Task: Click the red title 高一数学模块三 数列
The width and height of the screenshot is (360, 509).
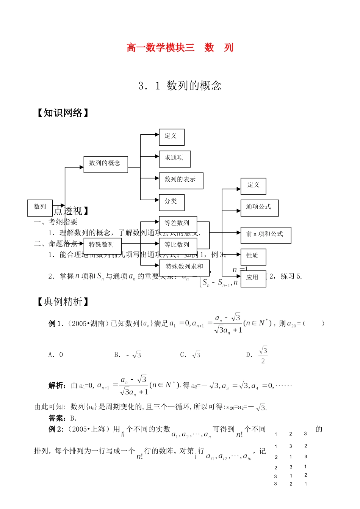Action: tap(180, 48)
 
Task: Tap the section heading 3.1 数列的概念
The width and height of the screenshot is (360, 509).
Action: tap(180, 86)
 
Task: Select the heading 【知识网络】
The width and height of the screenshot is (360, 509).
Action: tap(63, 113)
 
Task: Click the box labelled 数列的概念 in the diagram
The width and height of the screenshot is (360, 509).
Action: tap(105, 164)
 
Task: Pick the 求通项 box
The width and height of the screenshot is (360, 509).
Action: tap(174, 159)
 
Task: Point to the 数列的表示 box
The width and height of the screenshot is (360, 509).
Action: tap(181, 181)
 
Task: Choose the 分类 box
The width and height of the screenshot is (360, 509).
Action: tap(171, 202)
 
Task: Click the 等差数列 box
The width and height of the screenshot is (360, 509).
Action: tap(178, 224)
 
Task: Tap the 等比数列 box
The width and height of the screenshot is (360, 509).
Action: tap(178, 245)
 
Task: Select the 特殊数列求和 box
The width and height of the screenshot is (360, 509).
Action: tap(184, 267)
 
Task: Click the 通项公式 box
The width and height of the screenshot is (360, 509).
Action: tap(259, 208)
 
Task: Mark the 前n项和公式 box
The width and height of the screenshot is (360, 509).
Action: tap(265, 235)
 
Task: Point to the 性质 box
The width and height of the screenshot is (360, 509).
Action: tap(253, 257)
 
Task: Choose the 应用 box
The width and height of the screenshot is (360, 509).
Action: tap(253, 278)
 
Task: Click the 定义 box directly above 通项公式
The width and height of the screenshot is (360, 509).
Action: tap(253, 186)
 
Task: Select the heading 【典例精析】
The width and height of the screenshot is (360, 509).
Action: tap(63, 302)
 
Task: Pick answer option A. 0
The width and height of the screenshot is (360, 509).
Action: tap(56, 355)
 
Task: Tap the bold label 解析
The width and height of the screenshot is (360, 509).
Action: tap(57, 386)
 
